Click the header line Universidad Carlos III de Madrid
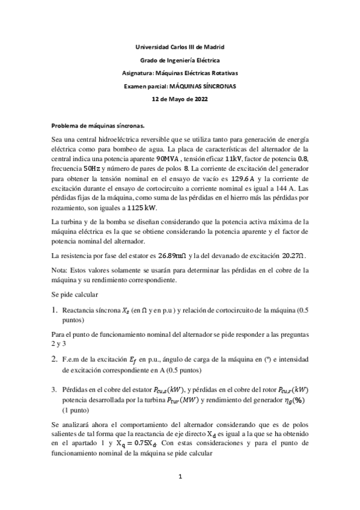click(x=180, y=47)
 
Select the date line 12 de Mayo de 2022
click(x=180, y=99)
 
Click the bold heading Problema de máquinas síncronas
click(x=98, y=126)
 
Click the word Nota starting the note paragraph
click(x=61, y=270)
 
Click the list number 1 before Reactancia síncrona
click(x=55, y=311)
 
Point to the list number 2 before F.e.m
click(x=55, y=359)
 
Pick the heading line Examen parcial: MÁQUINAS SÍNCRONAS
click(x=180, y=86)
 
